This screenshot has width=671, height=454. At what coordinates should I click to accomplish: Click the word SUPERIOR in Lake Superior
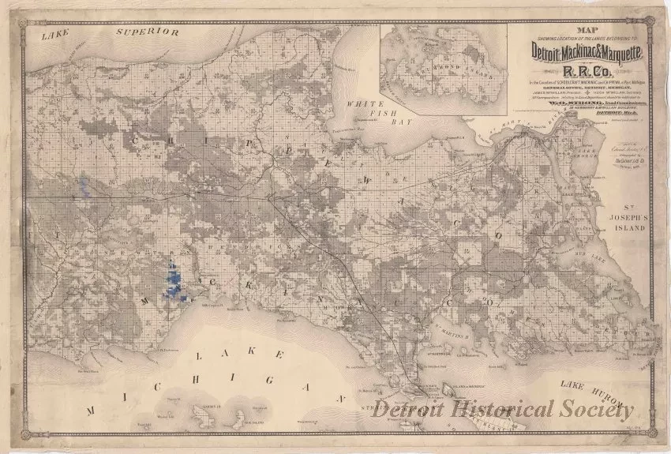pos(148,32)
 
